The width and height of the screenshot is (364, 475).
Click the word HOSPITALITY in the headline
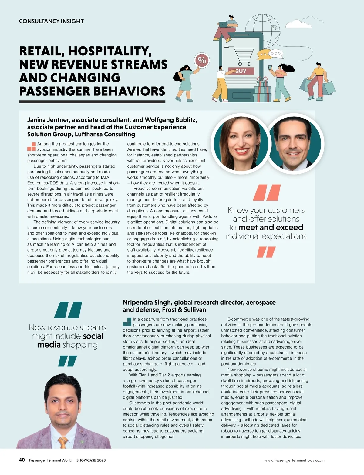pos(110,51)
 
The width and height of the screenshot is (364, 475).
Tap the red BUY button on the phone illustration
pos(241,71)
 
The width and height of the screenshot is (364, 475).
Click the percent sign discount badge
pos(202,60)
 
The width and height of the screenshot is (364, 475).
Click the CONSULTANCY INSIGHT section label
pos(51,21)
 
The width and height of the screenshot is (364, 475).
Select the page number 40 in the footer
pos(22,460)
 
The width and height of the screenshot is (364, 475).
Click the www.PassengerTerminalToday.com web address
pos(294,460)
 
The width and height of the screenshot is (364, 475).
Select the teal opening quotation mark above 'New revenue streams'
pos(68,309)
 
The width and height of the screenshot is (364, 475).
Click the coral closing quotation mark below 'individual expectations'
pos(266,252)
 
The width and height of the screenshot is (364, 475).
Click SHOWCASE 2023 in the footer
pos(91,460)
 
